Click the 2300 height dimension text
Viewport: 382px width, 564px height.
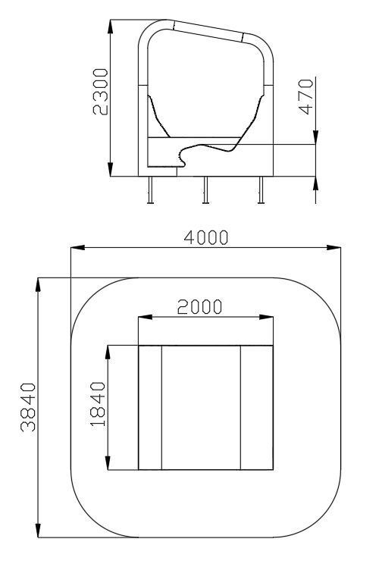[100, 92]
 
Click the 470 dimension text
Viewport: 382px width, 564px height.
[306, 96]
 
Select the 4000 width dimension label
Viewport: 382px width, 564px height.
[205, 237]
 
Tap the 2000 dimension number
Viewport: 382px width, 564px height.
[200, 307]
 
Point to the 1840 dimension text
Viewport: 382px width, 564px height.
[98, 404]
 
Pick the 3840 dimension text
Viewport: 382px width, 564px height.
[28, 407]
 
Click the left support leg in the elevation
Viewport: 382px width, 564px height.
[150, 190]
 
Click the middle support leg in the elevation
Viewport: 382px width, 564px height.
[205, 190]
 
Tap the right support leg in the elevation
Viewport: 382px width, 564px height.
[261, 190]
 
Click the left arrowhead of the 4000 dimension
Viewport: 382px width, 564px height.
[78, 247]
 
